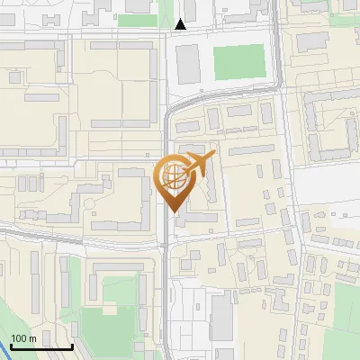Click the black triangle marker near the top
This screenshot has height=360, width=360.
181,24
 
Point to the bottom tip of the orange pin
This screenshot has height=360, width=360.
175,213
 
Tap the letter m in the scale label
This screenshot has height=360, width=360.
33,338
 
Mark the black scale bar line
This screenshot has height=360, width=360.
41,346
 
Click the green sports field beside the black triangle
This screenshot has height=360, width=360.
239,61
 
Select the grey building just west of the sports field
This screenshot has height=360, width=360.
188,64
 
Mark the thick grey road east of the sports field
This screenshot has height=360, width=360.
278,63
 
